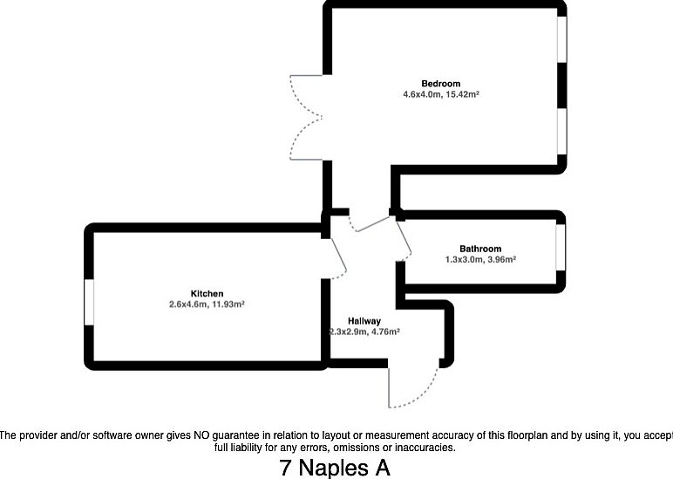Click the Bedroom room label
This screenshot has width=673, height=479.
point(440,84)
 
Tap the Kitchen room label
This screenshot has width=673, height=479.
point(207,294)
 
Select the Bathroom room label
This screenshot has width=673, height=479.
point(480,249)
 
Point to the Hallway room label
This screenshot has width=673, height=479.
point(364,321)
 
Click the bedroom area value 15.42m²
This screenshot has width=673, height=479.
point(461,94)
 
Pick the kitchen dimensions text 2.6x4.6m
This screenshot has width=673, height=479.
point(189,305)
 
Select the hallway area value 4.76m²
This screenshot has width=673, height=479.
point(385,332)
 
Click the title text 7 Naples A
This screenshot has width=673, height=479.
point(336,468)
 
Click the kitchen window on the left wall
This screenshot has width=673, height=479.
point(89,302)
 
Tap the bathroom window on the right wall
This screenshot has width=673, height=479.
point(561,247)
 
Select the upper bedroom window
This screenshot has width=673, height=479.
point(561,39)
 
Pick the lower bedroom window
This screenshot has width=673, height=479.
point(561,131)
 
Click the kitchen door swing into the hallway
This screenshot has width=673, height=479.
point(337,257)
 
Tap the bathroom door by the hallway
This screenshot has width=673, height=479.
point(404,238)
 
